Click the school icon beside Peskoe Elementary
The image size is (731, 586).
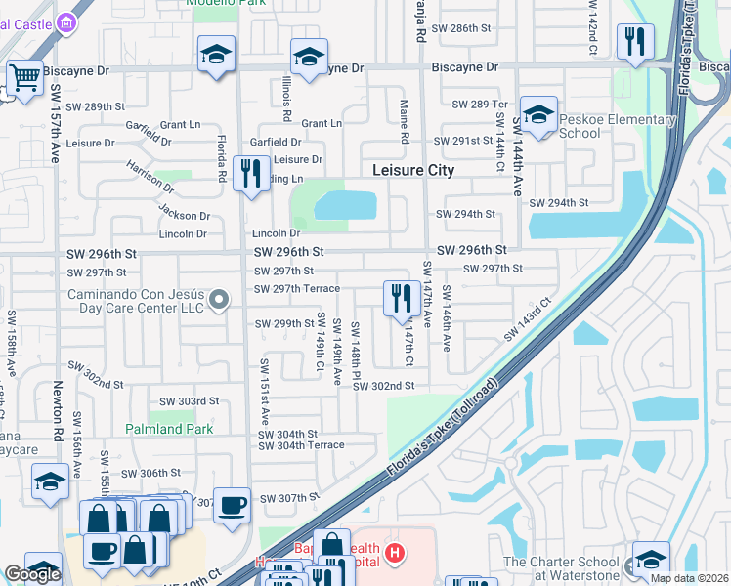[x=537, y=115]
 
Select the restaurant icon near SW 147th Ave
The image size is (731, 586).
[x=400, y=297]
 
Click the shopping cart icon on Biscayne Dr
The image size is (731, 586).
[x=24, y=77]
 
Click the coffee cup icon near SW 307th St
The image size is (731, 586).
[x=232, y=505]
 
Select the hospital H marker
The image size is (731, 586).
[x=395, y=554]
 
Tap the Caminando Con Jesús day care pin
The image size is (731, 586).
[x=219, y=300]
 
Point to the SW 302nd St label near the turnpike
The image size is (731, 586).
[x=384, y=386]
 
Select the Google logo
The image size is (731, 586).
[x=32, y=574]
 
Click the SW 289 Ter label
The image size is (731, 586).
[x=481, y=105]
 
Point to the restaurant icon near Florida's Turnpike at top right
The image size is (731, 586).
[x=635, y=41]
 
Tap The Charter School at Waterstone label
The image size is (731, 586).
[x=562, y=568]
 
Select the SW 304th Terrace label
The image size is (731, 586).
[x=301, y=445]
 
